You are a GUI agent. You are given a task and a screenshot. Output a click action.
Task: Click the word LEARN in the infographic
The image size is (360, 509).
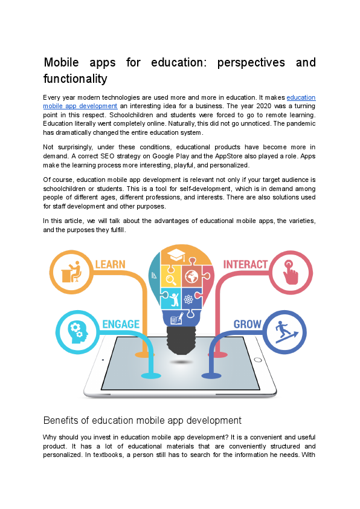(x=110, y=264)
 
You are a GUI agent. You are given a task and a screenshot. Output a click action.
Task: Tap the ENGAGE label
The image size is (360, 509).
(x=121, y=324)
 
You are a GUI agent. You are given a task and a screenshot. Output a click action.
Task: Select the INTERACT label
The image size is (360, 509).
(x=245, y=264)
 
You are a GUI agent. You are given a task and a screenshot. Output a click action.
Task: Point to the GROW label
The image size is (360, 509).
(x=247, y=324)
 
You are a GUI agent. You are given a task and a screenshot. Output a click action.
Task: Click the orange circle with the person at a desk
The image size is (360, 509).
(x=71, y=272)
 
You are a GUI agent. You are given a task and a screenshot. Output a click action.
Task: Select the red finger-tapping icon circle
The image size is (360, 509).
(x=291, y=273)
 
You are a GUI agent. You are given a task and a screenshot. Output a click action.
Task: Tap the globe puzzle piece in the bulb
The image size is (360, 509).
(x=192, y=277)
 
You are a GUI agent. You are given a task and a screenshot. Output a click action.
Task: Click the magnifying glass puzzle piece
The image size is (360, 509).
(x=171, y=279)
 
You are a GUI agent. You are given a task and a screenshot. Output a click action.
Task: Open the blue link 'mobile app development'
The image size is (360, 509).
(x=80, y=106)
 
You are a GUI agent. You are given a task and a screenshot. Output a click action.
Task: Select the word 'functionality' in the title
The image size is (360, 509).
(x=75, y=79)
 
